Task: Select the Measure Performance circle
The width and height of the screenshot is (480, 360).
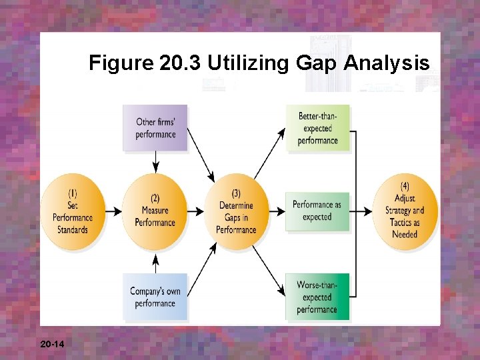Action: [x=155, y=211]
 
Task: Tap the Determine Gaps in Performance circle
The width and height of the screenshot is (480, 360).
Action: [x=236, y=211]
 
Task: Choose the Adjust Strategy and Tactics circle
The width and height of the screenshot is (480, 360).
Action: [x=405, y=211]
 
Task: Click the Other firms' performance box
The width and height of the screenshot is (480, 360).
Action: [x=155, y=127]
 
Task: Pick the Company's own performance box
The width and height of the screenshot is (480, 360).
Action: [x=155, y=297]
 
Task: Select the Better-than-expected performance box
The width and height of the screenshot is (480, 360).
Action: [x=318, y=129]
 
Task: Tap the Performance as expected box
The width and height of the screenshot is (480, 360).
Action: [x=317, y=211]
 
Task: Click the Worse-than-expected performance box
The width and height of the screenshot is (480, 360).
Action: [x=317, y=297]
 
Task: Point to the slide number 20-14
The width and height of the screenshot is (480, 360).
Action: [x=52, y=344]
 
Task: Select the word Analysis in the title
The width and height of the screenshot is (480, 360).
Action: [x=388, y=64]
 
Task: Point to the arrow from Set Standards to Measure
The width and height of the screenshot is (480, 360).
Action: [x=114, y=211]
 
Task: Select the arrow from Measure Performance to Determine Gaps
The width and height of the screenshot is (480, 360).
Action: [x=196, y=211]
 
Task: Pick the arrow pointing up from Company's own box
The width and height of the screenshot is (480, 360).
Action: [x=155, y=262]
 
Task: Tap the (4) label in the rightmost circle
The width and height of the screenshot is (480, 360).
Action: [x=405, y=186]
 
